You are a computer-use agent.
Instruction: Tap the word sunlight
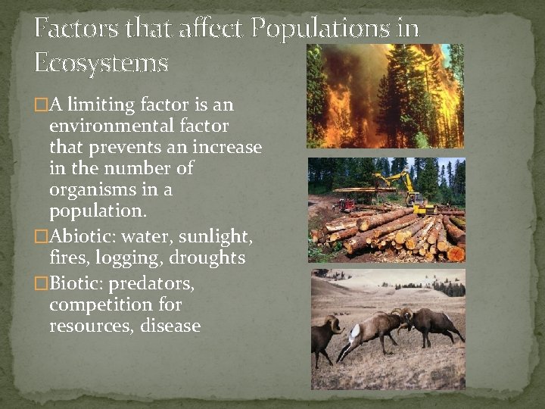click(215, 238)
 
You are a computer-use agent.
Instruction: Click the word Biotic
click(74, 284)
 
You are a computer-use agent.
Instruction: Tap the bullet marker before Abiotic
click(41, 238)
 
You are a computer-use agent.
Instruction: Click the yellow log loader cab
click(413, 198)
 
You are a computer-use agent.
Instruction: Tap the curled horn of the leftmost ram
click(332, 325)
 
